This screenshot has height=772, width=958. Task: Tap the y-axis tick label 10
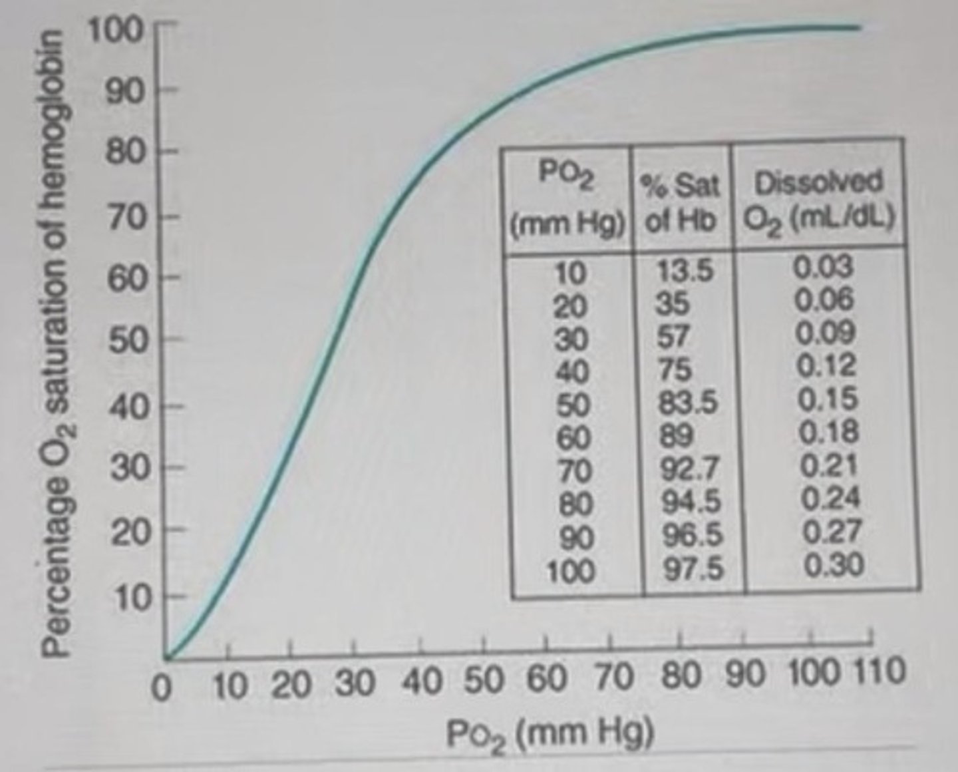pos(132,598)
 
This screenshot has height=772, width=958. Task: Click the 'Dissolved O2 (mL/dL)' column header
pos(818,200)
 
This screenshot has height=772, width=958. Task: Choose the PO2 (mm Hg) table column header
pos(567,200)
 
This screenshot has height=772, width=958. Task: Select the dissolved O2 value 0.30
pos(834,565)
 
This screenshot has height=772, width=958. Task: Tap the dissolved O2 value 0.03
pos(823,267)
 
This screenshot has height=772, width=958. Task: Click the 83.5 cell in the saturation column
pos(688,403)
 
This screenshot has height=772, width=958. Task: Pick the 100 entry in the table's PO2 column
pos(571,571)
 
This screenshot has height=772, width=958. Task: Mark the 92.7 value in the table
pos(690,469)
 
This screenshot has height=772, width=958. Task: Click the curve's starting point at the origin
pos(167,656)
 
